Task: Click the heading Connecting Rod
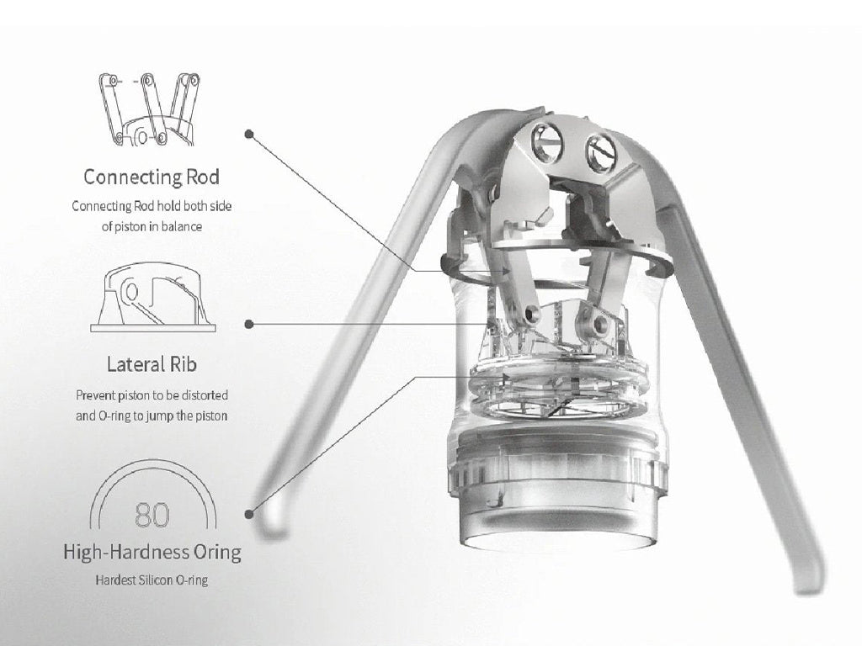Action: point(152,177)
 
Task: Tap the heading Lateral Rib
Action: point(152,364)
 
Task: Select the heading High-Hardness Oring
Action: point(152,552)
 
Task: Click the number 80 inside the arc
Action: point(152,514)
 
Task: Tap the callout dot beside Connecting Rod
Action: point(249,134)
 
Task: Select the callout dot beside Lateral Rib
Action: point(249,324)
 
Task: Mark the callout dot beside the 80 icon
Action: point(249,514)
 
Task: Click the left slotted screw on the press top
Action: point(546,141)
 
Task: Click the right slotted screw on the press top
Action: point(601,151)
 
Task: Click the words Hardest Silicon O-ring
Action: point(152,580)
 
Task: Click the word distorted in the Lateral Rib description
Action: point(205,395)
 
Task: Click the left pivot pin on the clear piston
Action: point(531,314)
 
